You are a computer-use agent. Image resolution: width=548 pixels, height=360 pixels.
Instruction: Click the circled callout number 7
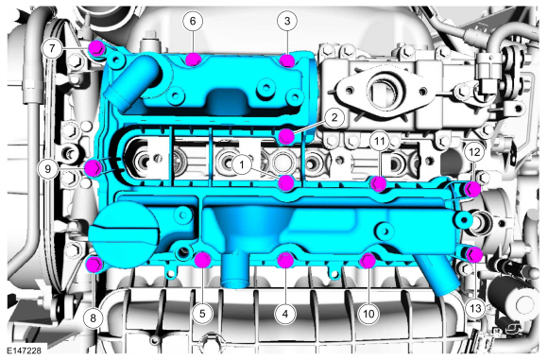click(52, 48)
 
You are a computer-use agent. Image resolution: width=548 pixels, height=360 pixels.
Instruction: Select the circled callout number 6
click(193, 21)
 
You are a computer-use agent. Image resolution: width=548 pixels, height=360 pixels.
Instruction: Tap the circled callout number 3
click(287, 21)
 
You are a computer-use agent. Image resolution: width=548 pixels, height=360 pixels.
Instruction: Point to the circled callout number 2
click(334, 117)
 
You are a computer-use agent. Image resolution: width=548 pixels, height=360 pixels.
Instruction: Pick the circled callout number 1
click(242, 164)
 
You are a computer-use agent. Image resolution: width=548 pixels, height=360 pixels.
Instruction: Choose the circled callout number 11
click(380, 141)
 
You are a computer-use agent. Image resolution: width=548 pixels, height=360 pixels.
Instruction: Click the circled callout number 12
click(474, 152)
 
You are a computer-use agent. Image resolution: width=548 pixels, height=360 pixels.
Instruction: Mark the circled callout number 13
click(475, 308)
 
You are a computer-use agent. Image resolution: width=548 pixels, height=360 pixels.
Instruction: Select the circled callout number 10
click(368, 314)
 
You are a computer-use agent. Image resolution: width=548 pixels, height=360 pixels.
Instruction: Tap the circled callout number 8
click(93, 317)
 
